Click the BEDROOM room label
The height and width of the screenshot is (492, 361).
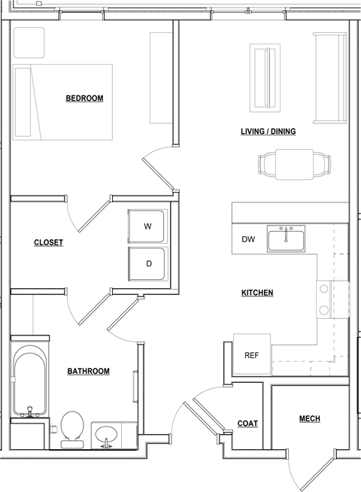click(x=84, y=99)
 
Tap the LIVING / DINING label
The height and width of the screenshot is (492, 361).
click(x=268, y=131)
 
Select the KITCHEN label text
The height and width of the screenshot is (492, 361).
click(x=257, y=293)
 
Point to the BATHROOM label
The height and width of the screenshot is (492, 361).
click(x=89, y=371)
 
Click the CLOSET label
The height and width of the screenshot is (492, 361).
click(x=49, y=242)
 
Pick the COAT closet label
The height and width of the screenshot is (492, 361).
click(x=247, y=424)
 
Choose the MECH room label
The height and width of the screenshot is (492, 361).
click(x=310, y=418)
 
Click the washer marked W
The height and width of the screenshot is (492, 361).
click(x=147, y=226)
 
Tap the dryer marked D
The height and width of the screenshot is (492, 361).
click(x=147, y=264)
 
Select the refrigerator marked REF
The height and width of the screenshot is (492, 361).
click(x=252, y=354)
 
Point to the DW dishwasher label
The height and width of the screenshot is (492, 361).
click(x=248, y=239)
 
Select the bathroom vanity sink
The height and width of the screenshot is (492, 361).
click(x=106, y=436)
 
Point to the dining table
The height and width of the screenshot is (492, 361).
click(x=294, y=165)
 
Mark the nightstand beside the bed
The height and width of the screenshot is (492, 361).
click(x=29, y=43)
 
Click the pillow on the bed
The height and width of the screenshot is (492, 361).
click(x=23, y=102)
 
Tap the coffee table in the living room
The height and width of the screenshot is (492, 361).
click(x=265, y=77)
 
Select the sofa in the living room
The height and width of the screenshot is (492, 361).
click(x=330, y=77)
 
